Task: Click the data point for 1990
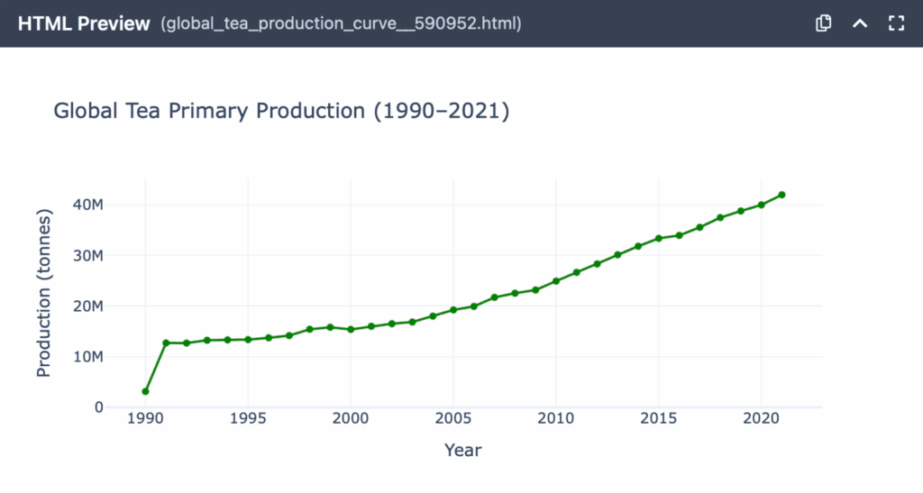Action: coord(145,391)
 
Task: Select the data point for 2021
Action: coord(781,195)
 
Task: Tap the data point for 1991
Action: coord(166,342)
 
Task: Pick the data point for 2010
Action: coord(556,281)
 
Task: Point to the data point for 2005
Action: coord(453,309)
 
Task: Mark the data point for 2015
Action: coord(659,238)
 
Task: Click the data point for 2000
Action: coord(351,329)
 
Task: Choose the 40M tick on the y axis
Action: coord(87,205)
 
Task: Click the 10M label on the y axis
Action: coord(87,357)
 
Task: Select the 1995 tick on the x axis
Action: coord(248,419)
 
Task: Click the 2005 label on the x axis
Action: coord(453,419)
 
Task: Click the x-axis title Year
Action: coord(463,450)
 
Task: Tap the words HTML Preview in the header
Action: coord(84,23)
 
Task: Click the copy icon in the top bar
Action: coord(823,23)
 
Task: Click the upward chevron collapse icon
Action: coord(860,23)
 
